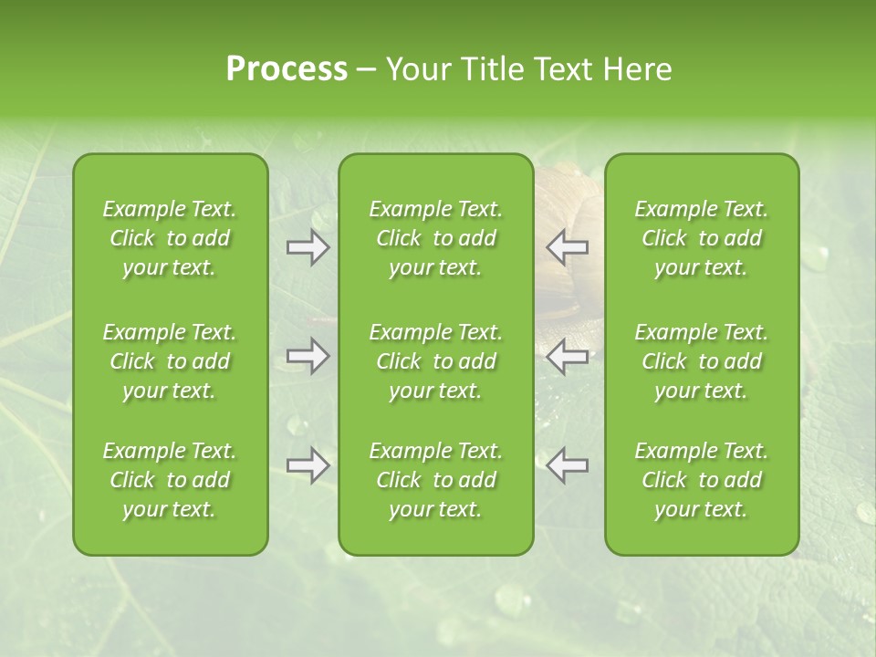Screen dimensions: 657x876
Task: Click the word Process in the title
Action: [x=287, y=69]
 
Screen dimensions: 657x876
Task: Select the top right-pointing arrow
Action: [x=308, y=247]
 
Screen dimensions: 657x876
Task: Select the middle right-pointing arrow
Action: [x=308, y=356]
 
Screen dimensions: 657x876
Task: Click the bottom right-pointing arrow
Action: [x=308, y=465]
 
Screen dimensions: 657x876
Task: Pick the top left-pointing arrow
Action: [x=568, y=247]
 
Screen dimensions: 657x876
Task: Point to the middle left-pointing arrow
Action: [x=568, y=356]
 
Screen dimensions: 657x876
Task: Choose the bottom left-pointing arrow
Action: [x=568, y=465]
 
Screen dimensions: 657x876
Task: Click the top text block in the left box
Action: [x=170, y=238]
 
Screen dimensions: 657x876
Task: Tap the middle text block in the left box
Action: [x=170, y=361]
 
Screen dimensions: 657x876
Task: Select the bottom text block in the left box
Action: [x=170, y=480]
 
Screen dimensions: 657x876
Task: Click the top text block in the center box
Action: [x=435, y=238]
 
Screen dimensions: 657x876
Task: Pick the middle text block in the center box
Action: [x=435, y=361]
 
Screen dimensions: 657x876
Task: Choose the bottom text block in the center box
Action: [x=435, y=480]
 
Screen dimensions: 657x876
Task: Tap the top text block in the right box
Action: [x=701, y=238]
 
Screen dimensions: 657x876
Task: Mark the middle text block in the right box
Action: [x=701, y=361]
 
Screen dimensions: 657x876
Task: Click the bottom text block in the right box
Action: [x=701, y=480]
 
